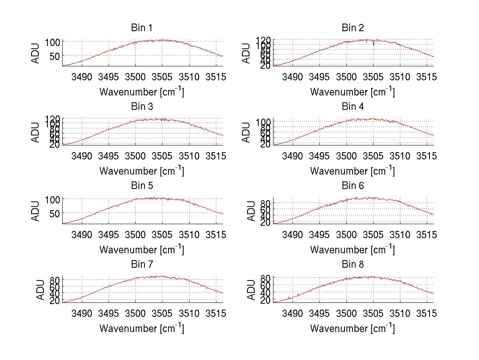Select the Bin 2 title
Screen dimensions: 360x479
tap(352, 28)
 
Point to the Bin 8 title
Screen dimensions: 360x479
tap(352, 265)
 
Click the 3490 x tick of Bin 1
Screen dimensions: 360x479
tap(81, 77)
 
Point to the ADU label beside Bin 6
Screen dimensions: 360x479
tap(251, 211)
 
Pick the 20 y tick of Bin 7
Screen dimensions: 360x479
tap(55, 301)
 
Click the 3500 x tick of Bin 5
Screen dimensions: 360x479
tap(135, 234)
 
